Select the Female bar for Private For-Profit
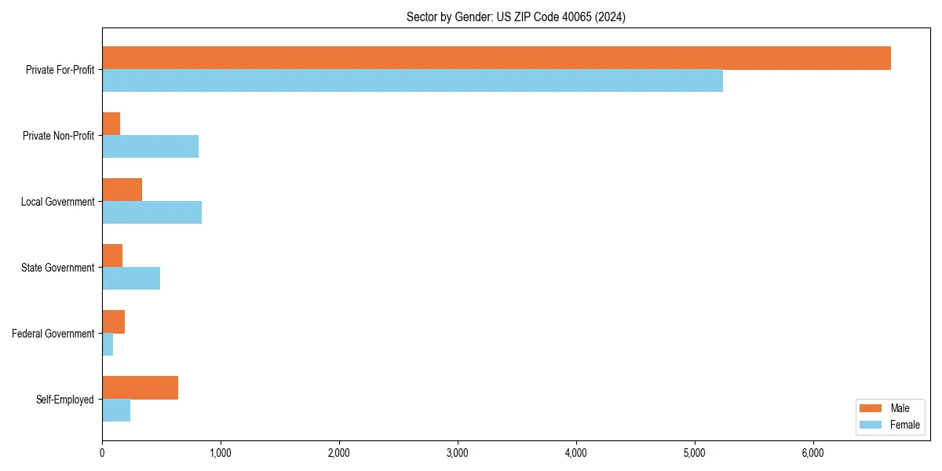pos(412,81)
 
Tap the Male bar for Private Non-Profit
pos(111,124)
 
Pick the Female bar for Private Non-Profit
pos(150,147)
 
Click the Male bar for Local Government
pos(122,190)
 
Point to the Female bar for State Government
pos(131,279)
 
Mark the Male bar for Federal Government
pos(113,322)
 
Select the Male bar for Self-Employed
pos(140,388)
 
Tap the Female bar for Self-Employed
pos(116,411)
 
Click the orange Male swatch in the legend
pos(871,408)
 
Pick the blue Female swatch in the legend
pos(871,425)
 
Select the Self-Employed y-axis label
pos(65,400)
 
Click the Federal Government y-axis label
pos(53,334)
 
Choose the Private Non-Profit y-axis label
pos(58,136)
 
